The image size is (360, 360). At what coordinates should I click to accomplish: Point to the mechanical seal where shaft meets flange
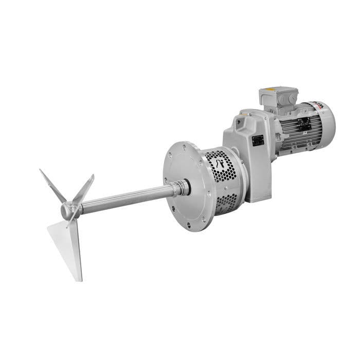181,188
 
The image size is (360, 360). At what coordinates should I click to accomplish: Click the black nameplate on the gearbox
258,140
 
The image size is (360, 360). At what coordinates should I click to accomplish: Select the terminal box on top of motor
278,98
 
